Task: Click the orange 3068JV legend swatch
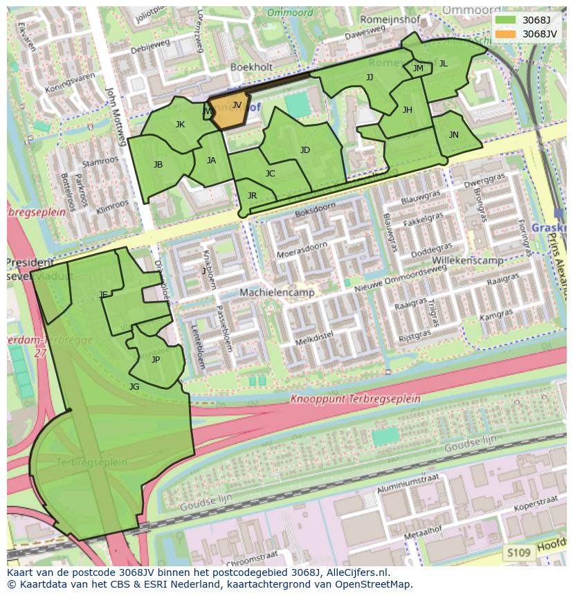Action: click(506, 33)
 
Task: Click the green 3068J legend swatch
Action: click(506, 20)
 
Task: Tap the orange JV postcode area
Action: click(229, 111)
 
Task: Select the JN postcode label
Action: click(453, 135)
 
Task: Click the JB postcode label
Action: click(158, 165)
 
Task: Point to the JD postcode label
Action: click(305, 150)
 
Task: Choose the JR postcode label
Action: click(252, 196)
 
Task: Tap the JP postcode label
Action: click(156, 360)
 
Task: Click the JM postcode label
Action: click(418, 69)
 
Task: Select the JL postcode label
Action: click(443, 64)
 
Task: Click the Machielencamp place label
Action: click(277, 293)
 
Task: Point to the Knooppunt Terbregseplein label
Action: click(355, 399)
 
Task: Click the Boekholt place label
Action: click(251, 67)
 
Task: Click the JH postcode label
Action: click(407, 110)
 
